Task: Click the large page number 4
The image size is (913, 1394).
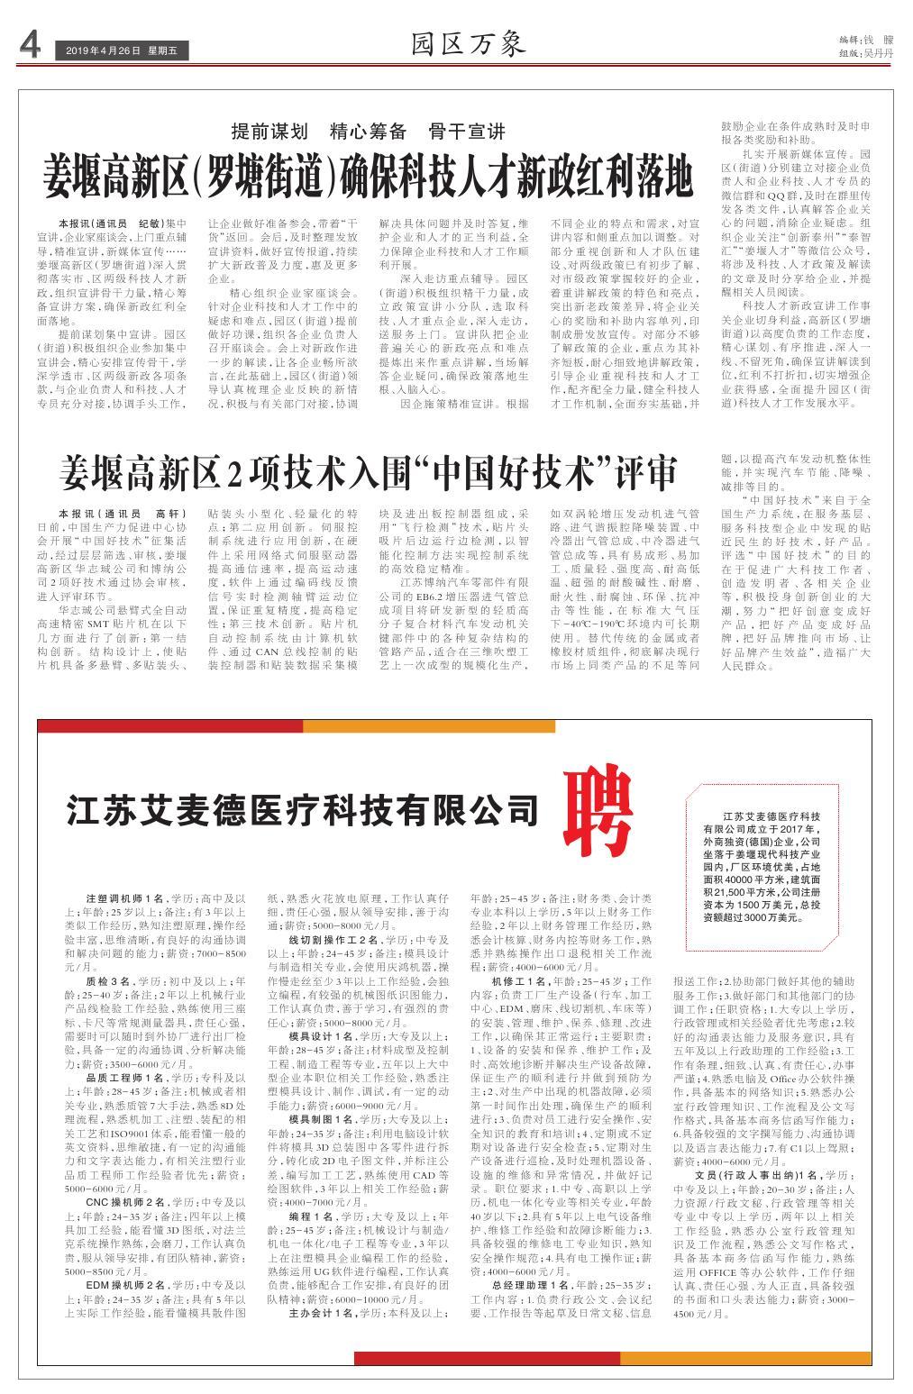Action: (x=29, y=47)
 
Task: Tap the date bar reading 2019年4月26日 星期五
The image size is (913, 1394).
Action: (x=121, y=52)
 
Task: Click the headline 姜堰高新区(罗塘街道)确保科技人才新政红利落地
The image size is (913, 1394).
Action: (x=369, y=178)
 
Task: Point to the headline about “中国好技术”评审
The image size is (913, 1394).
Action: (x=367, y=470)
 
